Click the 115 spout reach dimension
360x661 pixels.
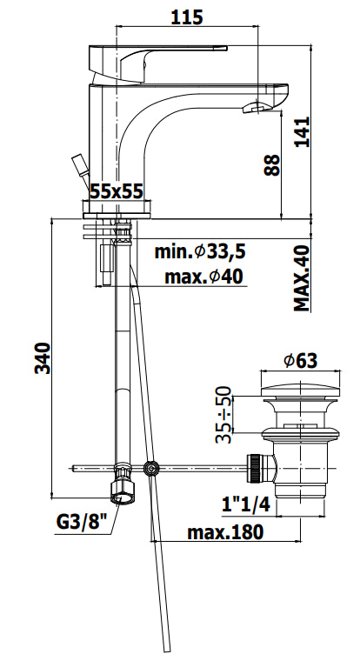[187, 17]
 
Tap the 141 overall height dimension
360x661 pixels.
[302, 131]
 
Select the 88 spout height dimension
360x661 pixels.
[272, 165]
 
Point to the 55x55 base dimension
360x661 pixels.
[117, 191]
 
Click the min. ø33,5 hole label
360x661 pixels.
[200, 252]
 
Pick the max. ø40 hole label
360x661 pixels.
[203, 277]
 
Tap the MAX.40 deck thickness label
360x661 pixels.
[302, 278]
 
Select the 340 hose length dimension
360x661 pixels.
[43, 358]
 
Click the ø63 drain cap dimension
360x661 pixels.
[301, 361]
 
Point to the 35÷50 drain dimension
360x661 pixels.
[223, 414]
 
